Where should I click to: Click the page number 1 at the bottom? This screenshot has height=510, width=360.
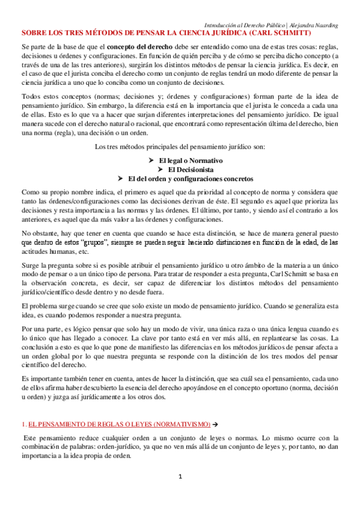coord(180,477)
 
